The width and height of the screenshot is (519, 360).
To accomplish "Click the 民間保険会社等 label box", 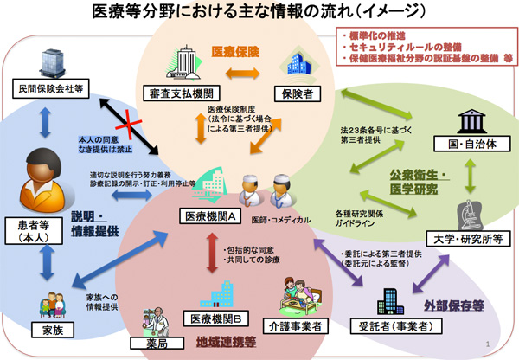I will (49, 88).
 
